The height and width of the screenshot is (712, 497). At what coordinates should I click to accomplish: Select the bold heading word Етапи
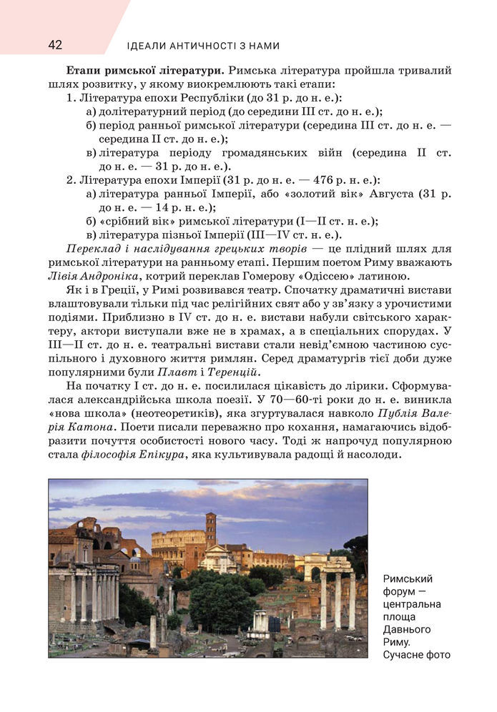pos(82,71)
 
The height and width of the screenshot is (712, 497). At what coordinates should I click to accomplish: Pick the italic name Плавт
pos(173,372)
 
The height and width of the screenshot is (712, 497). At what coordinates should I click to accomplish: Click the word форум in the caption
pos(399,591)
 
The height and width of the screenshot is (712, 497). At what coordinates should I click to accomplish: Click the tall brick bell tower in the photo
pos(210,529)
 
